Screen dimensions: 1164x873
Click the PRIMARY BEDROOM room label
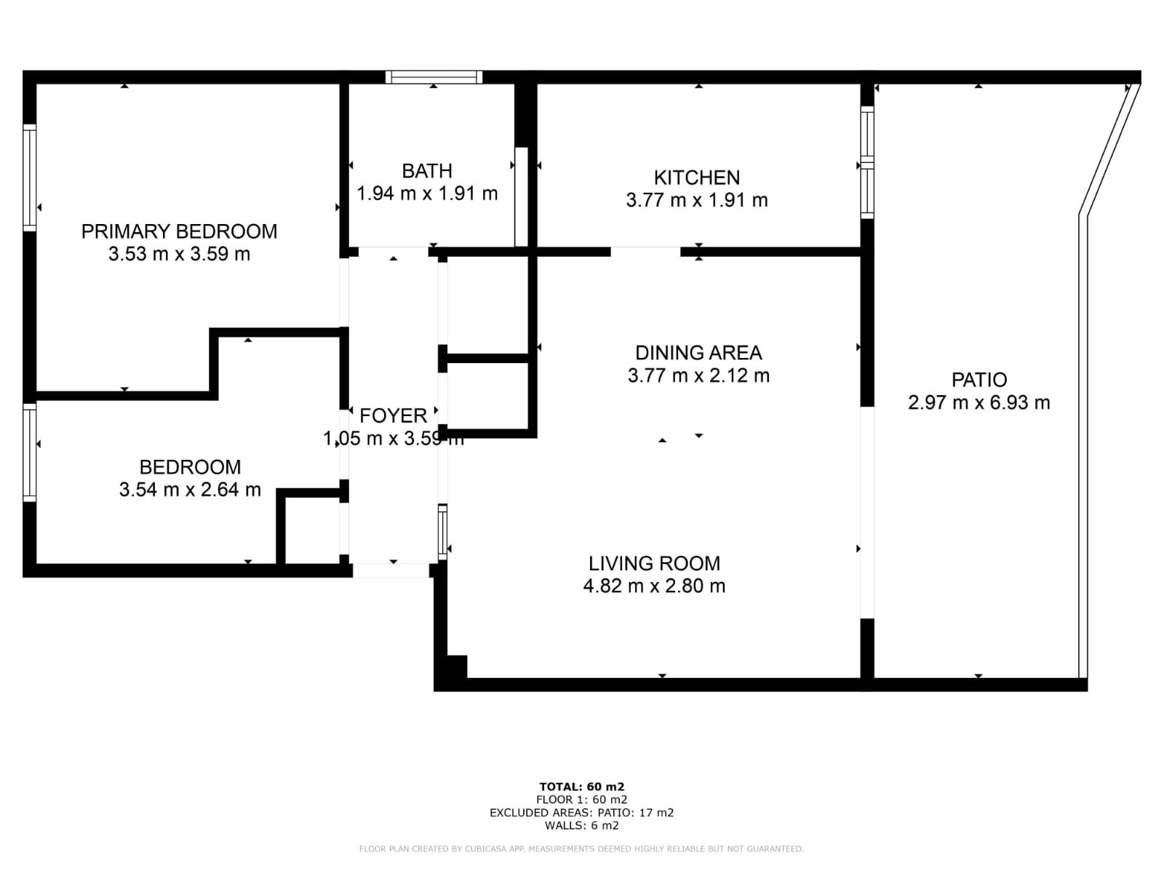(179, 231)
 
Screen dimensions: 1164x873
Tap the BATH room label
(427, 171)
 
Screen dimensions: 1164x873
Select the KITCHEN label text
(697, 178)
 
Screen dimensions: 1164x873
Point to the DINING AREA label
(698, 353)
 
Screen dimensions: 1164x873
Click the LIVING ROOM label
(654, 563)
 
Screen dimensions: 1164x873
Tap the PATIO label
(979, 380)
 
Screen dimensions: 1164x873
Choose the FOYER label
(393, 416)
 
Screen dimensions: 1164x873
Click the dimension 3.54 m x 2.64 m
(190, 489)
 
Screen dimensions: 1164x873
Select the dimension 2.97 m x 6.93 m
(979, 403)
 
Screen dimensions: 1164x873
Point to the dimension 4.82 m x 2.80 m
(654, 586)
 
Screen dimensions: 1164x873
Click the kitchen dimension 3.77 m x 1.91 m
(697, 200)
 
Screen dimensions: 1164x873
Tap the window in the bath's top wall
(434, 77)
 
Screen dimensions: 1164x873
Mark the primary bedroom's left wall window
(30, 178)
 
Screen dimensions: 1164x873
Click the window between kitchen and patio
(867, 162)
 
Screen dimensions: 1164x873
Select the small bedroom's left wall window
(30, 452)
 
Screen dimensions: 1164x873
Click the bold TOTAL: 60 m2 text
(582, 787)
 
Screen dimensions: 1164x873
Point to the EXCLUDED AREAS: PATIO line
(582, 813)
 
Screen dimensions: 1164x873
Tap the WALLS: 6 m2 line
(582, 825)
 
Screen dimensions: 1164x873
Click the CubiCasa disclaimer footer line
(582, 848)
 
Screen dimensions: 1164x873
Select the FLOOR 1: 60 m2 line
(582, 800)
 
